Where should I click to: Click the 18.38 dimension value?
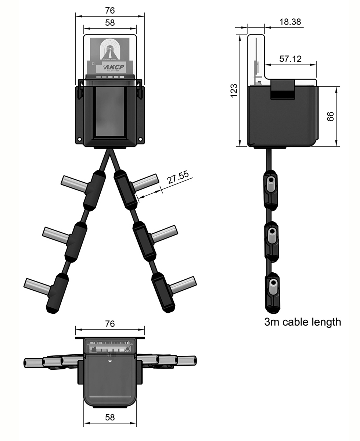point(290,22)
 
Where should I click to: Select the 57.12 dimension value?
point(290,59)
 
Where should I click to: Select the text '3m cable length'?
point(302,322)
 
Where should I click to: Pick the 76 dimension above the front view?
point(110,11)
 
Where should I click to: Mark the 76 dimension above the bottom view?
point(110,323)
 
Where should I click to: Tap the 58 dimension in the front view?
point(110,22)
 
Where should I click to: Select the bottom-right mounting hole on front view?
point(140,140)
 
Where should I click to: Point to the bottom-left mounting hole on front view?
point(79,140)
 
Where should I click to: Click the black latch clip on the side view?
point(282,90)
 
